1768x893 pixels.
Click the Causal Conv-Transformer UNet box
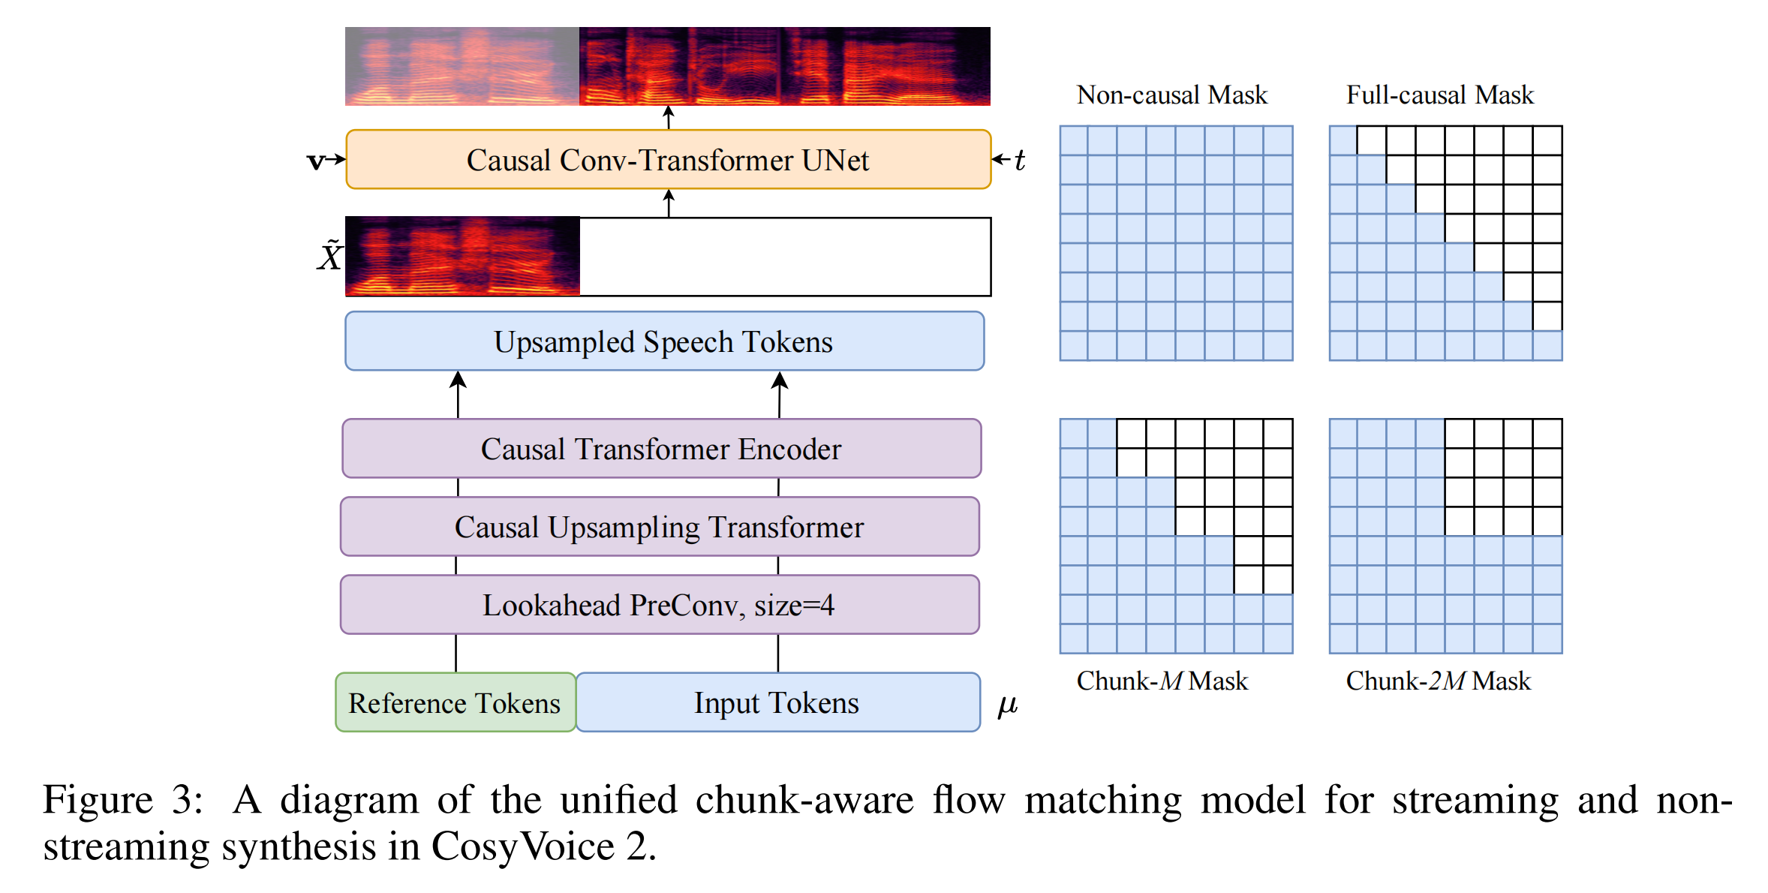(x=668, y=160)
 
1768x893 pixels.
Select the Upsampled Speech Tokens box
(x=664, y=341)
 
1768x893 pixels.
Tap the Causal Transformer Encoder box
(x=661, y=449)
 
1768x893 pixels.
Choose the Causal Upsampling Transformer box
(x=660, y=527)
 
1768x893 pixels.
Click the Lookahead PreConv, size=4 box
(x=659, y=605)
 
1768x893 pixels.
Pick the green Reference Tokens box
(x=455, y=703)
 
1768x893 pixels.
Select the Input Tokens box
(x=777, y=703)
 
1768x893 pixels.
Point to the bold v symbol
(x=316, y=161)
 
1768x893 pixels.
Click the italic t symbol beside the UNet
(x=1019, y=160)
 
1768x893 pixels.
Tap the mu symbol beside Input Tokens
(x=1007, y=705)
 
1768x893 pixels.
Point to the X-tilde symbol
(x=329, y=256)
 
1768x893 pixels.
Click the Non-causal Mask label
(x=1171, y=95)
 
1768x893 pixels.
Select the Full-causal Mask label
(x=1439, y=95)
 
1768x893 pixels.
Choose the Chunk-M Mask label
(x=1162, y=681)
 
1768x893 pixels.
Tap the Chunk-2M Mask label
(x=1438, y=681)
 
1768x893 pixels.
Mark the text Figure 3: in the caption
(x=122, y=800)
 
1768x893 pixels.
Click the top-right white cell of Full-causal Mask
(x=1547, y=140)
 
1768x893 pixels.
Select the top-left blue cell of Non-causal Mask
(x=1074, y=140)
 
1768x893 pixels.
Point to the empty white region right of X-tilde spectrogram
(x=784, y=257)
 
